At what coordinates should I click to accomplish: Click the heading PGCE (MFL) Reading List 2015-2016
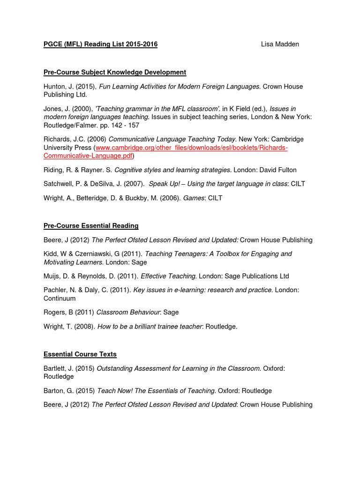[x=100, y=44]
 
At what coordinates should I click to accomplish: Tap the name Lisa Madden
[x=280, y=44]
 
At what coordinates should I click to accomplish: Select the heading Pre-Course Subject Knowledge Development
[x=115, y=72]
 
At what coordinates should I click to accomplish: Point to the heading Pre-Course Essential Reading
[x=91, y=225]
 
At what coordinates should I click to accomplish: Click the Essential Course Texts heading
[x=80, y=354]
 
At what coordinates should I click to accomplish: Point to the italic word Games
[x=193, y=198]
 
